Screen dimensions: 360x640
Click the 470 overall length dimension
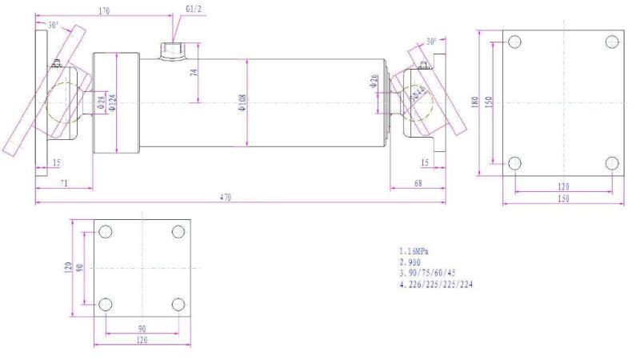(x=226, y=197)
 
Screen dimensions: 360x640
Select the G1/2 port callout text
(x=194, y=9)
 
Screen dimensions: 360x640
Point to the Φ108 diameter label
(x=242, y=102)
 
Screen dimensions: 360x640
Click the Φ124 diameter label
(x=113, y=103)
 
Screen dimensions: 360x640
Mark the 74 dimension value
(x=194, y=73)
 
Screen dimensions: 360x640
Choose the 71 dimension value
(x=63, y=183)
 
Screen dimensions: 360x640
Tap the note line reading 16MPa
(x=414, y=251)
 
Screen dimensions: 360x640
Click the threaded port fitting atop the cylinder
(x=170, y=52)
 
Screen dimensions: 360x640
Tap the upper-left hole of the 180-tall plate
(x=515, y=42)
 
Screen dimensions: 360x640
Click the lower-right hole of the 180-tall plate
(x=613, y=164)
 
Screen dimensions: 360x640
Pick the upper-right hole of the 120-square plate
(x=178, y=232)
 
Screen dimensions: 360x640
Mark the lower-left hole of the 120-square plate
(x=105, y=305)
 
